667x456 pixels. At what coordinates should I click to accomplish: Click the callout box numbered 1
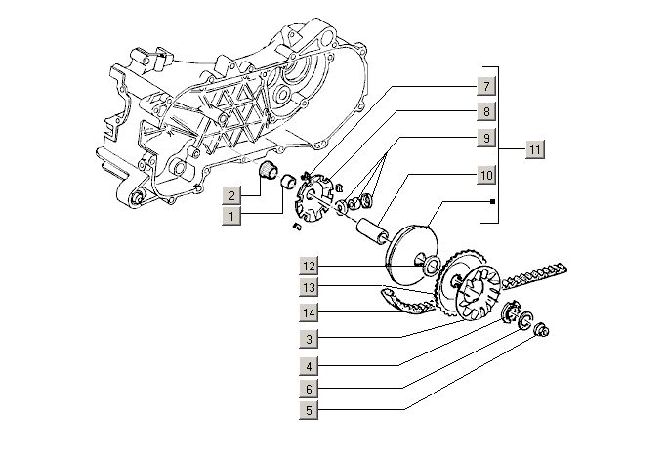230,214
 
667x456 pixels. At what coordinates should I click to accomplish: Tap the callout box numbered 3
309,339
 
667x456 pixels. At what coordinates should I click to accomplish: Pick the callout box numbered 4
309,367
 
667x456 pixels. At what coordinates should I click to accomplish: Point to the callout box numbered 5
309,411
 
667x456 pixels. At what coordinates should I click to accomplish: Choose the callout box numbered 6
309,389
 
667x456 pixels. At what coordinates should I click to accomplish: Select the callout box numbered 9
485,138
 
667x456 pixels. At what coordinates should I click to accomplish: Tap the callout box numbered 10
485,176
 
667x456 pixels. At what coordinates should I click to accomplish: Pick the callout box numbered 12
309,266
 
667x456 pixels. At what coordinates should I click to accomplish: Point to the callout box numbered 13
309,287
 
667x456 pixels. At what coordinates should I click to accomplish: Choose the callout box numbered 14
309,312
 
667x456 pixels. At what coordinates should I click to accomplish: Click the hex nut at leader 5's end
544,332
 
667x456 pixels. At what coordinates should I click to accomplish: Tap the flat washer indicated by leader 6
526,320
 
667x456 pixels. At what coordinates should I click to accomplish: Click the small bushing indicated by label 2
264,174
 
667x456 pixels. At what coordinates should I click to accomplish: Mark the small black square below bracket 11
494,202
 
